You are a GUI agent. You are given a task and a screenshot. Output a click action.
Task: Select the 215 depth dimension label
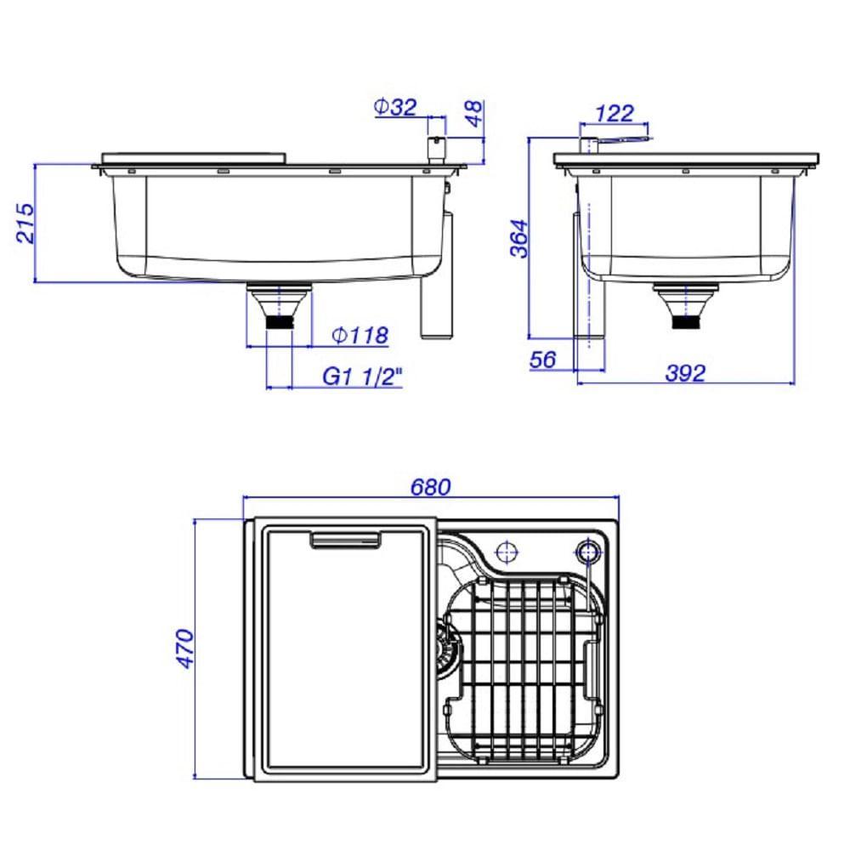pyautogui.click(x=25, y=223)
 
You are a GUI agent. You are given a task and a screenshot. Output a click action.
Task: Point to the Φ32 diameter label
pyautogui.click(x=395, y=107)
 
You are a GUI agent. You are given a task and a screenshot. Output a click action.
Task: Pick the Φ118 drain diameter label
pyautogui.click(x=361, y=336)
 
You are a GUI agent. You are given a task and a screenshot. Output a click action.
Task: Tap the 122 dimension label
pyautogui.click(x=615, y=113)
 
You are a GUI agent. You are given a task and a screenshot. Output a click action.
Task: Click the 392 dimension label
pyautogui.click(x=686, y=372)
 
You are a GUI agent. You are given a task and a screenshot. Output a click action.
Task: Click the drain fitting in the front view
pyautogui.click(x=280, y=308)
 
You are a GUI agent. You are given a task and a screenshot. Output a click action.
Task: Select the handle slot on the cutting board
pyautogui.click(x=346, y=539)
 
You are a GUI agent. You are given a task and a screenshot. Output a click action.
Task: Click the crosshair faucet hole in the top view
pyautogui.click(x=507, y=551)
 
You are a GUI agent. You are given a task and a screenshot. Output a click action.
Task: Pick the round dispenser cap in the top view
pyautogui.click(x=586, y=551)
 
